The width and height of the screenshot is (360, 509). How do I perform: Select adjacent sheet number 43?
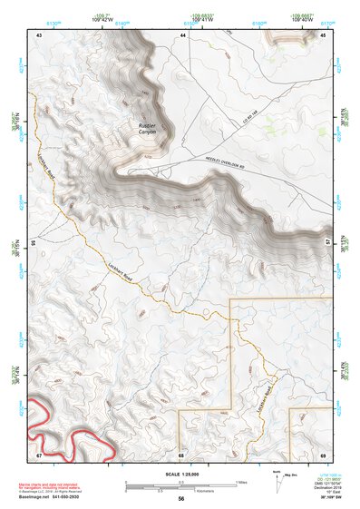coord(39,34)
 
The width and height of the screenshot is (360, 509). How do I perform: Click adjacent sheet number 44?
coord(182,34)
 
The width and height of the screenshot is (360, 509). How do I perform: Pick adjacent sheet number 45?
coord(322,34)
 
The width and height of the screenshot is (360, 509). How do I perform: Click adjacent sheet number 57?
coord(326,243)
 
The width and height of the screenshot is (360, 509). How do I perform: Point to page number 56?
coord(181,498)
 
